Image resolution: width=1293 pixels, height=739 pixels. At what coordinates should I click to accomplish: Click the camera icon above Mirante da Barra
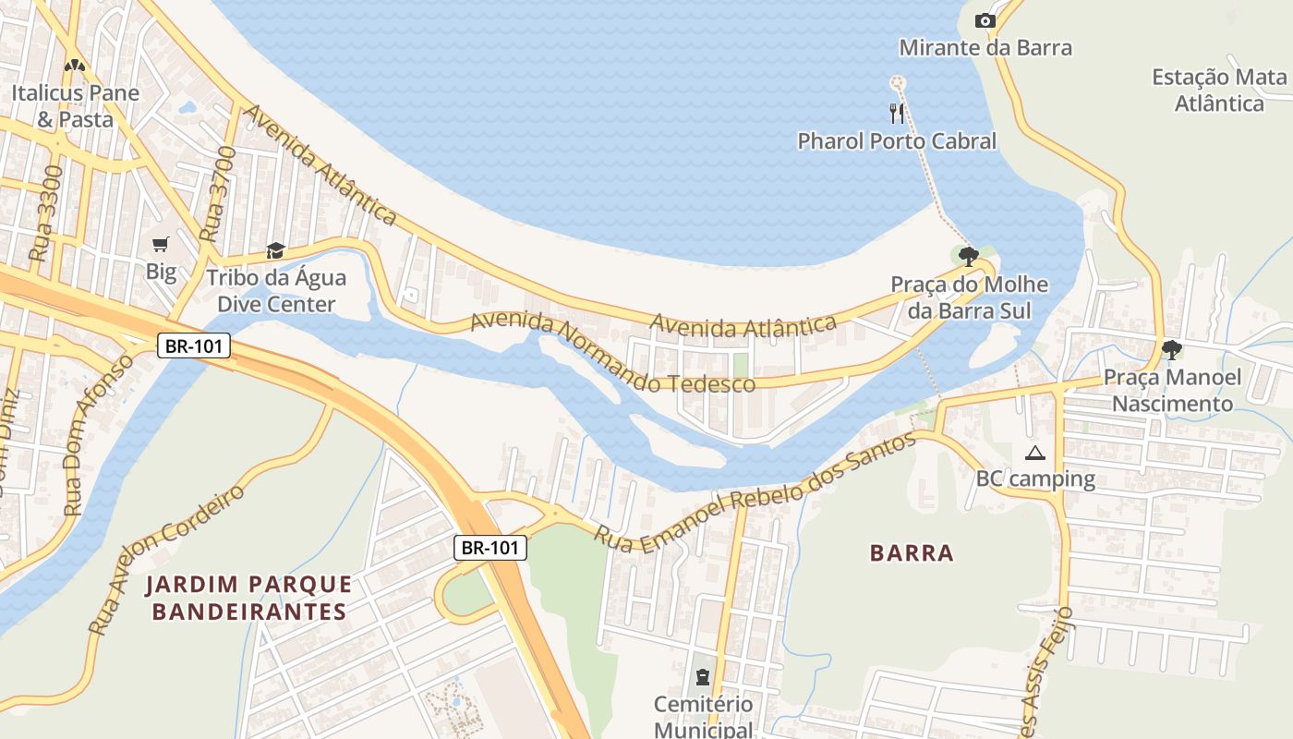985,20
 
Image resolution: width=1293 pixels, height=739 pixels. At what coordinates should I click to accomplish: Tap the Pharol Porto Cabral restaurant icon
897,114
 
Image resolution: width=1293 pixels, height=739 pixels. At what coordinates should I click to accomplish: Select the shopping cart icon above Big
161,244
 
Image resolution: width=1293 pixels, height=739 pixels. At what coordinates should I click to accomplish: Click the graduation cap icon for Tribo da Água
275,250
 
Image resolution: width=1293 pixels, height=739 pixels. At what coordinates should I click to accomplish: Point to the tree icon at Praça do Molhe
968,256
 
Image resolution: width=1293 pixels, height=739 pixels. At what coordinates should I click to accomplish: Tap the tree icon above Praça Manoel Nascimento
1171,349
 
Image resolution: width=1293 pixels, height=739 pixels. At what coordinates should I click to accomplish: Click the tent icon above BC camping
1034,453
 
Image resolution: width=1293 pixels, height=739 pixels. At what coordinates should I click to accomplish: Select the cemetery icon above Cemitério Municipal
703,678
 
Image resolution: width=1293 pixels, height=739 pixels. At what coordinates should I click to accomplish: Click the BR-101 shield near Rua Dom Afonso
194,346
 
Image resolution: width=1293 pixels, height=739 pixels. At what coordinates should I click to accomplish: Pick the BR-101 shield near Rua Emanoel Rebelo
490,547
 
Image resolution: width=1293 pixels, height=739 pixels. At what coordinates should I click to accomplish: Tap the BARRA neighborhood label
912,553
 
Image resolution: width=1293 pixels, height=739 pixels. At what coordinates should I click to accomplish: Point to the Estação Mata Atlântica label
1219,91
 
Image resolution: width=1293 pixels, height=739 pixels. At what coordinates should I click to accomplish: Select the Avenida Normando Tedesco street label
612,353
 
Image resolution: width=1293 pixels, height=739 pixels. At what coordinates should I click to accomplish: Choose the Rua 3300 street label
46,212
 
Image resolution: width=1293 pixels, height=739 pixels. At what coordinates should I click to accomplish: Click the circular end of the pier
895,83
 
